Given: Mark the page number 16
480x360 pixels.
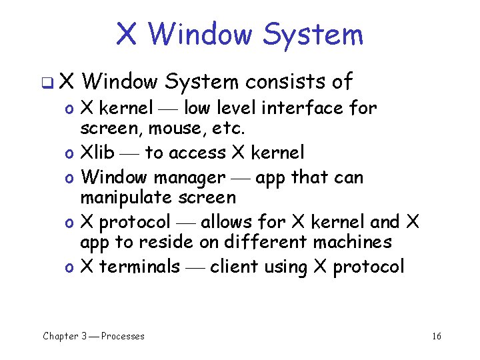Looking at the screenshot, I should [x=436, y=336].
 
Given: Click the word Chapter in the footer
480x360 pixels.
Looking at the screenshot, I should [x=61, y=336].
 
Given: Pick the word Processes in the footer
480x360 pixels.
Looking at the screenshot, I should [x=123, y=336].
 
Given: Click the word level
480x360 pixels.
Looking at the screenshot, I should [x=235, y=107].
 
